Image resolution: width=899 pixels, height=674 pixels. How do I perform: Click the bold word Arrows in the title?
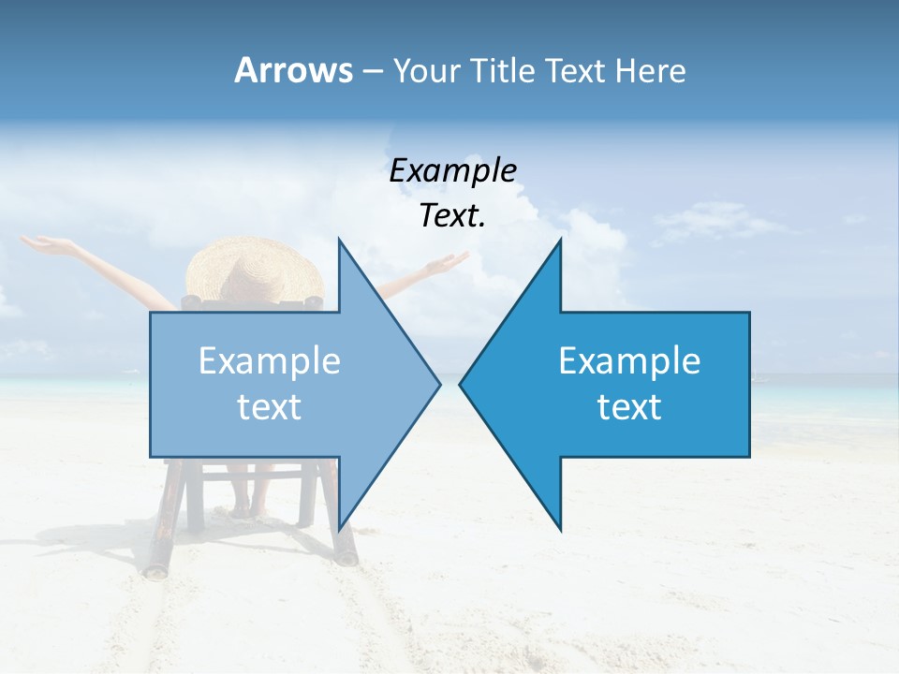click(x=292, y=70)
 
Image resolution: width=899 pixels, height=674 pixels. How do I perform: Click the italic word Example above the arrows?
click(x=452, y=170)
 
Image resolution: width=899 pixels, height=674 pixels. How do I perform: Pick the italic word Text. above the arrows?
click(x=452, y=215)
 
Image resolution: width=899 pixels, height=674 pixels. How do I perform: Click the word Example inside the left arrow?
click(x=270, y=361)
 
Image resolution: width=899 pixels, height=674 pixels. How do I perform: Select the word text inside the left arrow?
click(x=270, y=407)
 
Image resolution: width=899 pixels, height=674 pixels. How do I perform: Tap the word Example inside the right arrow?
click(x=629, y=361)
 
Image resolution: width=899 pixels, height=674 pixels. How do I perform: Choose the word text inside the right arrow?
click(x=629, y=407)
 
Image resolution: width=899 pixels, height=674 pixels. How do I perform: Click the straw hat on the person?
click(x=253, y=267)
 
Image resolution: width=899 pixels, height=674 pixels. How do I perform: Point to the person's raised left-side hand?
click(x=42, y=244)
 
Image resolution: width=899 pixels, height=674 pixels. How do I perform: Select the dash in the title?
click(x=372, y=71)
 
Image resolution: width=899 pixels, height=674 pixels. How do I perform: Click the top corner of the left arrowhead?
click(x=339, y=240)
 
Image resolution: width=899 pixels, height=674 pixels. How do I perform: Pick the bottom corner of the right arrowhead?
click(x=561, y=530)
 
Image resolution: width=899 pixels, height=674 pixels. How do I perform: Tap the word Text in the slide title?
click(x=576, y=70)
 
